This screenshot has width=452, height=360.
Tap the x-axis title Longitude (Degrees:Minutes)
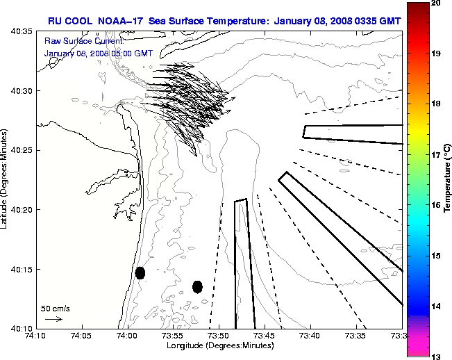pyautogui.click(x=219, y=345)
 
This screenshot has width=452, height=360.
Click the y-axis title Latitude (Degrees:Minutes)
pyautogui.click(x=5, y=179)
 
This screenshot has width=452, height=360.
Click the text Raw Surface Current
pyautogui.click(x=77, y=41)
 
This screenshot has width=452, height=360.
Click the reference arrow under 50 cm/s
pyautogui.click(x=53, y=319)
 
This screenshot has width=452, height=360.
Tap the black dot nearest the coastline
pyautogui.click(x=140, y=272)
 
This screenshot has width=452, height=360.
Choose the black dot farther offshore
pyautogui.click(x=197, y=286)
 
